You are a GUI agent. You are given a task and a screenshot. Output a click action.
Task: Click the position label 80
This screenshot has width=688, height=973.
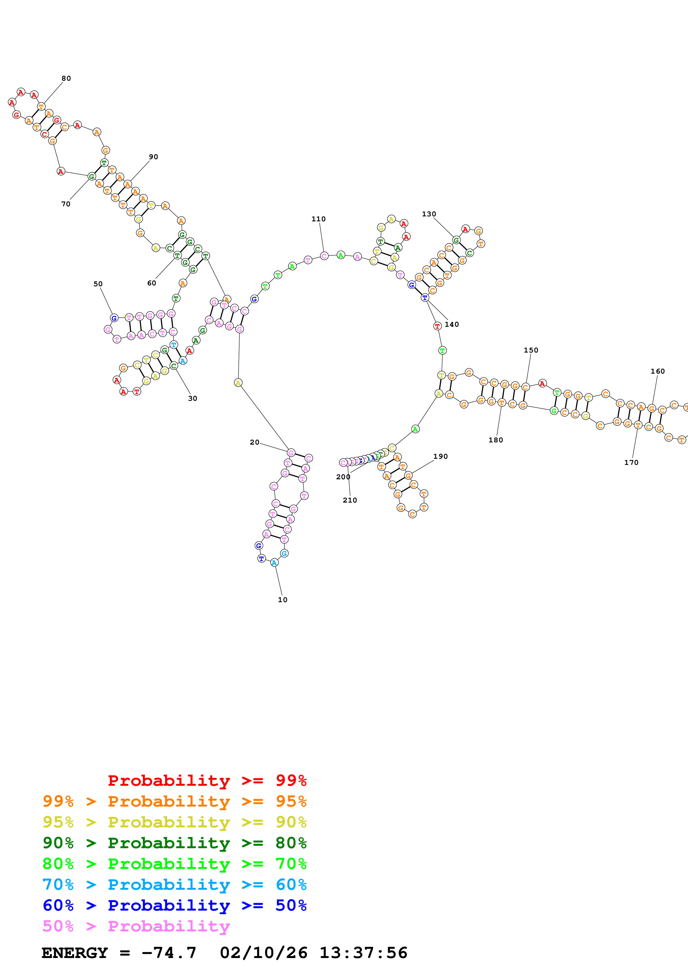coord(66,78)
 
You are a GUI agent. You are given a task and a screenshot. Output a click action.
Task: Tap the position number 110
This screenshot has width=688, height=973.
coord(318,219)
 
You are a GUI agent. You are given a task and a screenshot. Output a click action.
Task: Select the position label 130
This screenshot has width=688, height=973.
coord(429,214)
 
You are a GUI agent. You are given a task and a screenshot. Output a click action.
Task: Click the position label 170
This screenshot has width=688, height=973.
coord(631,462)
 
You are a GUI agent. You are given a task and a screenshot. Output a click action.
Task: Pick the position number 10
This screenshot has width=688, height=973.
coord(282,600)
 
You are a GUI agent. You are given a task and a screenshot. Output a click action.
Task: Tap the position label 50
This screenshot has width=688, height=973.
coord(98,284)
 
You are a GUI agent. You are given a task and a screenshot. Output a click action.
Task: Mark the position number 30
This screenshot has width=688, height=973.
coord(192,398)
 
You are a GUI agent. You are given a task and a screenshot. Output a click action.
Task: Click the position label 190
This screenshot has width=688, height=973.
coord(440,457)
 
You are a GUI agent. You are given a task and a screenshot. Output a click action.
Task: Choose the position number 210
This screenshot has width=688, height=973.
coord(350,500)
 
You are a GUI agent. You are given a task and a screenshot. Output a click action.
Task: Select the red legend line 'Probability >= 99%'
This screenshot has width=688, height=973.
coord(207,781)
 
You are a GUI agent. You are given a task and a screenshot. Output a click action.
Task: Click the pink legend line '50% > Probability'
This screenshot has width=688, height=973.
coord(136,926)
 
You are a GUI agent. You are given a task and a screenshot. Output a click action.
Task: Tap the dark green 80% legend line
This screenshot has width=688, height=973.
coord(175,843)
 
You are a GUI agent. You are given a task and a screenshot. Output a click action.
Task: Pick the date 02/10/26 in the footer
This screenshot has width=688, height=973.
coord(264,953)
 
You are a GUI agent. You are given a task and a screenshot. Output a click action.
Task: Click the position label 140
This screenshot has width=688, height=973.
coord(452,324)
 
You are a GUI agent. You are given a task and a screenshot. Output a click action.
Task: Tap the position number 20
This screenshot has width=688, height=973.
coord(254,442)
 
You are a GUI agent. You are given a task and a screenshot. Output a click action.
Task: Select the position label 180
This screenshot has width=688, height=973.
coord(496,440)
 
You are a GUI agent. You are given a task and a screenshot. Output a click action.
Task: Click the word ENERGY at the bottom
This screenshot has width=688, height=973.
coord(75,953)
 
